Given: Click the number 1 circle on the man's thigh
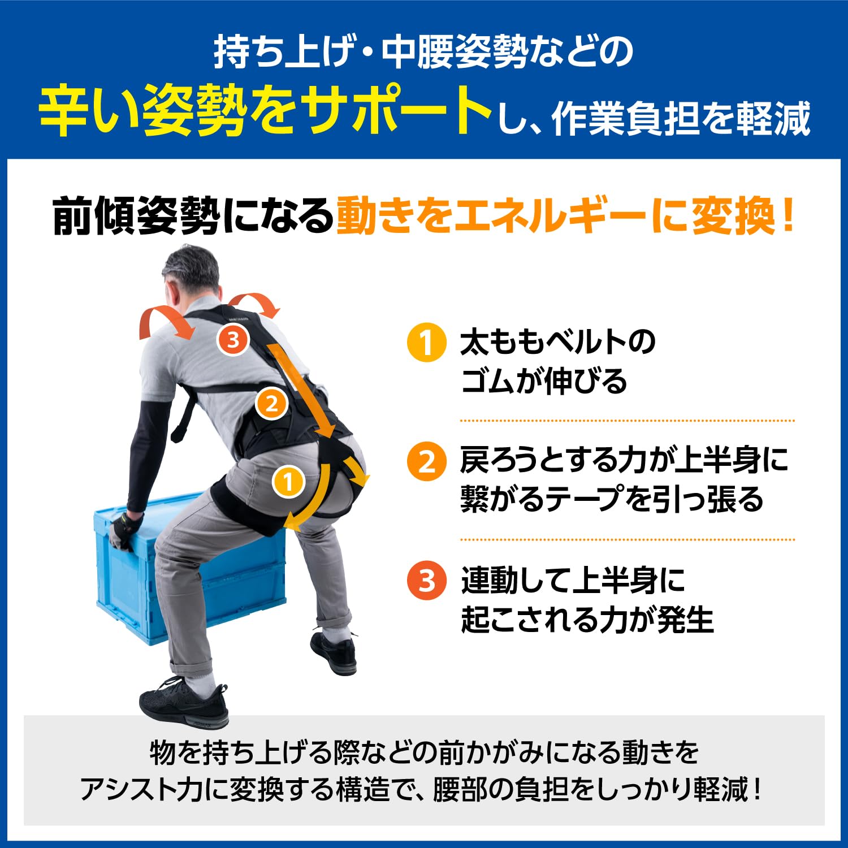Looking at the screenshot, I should coord(288,482).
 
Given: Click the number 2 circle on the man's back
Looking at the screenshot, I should coord(272,404).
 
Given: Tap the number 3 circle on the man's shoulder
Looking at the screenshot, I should coord(233,339).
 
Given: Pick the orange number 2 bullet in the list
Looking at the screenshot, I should coord(426,461).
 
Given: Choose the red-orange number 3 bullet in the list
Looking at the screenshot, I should coord(426,580).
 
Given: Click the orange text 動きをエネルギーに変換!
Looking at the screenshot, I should coord(565,216).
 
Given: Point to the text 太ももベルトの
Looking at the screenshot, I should coord(557,343).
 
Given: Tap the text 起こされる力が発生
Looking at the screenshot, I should coord(587,620).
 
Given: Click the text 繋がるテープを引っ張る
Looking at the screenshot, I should coord(612,500).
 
